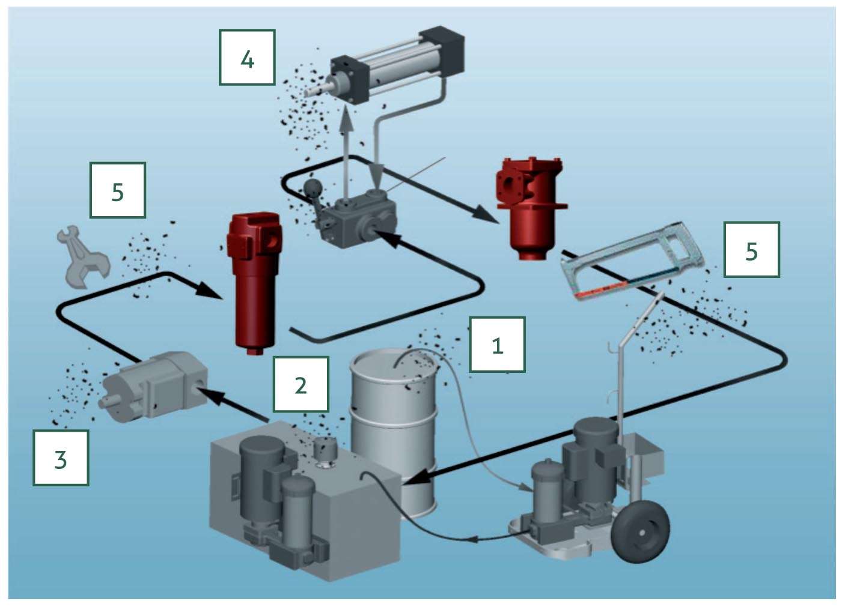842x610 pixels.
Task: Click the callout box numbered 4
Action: [x=247, y=58]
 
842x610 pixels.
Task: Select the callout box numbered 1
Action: [x=497, y=345]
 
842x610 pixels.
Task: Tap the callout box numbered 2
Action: [x=300, y=384]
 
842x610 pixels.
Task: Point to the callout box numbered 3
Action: [x=61, y=458]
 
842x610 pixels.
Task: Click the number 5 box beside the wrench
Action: [x=117, y=190]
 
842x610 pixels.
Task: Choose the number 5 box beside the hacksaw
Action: [x=751, y=250]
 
